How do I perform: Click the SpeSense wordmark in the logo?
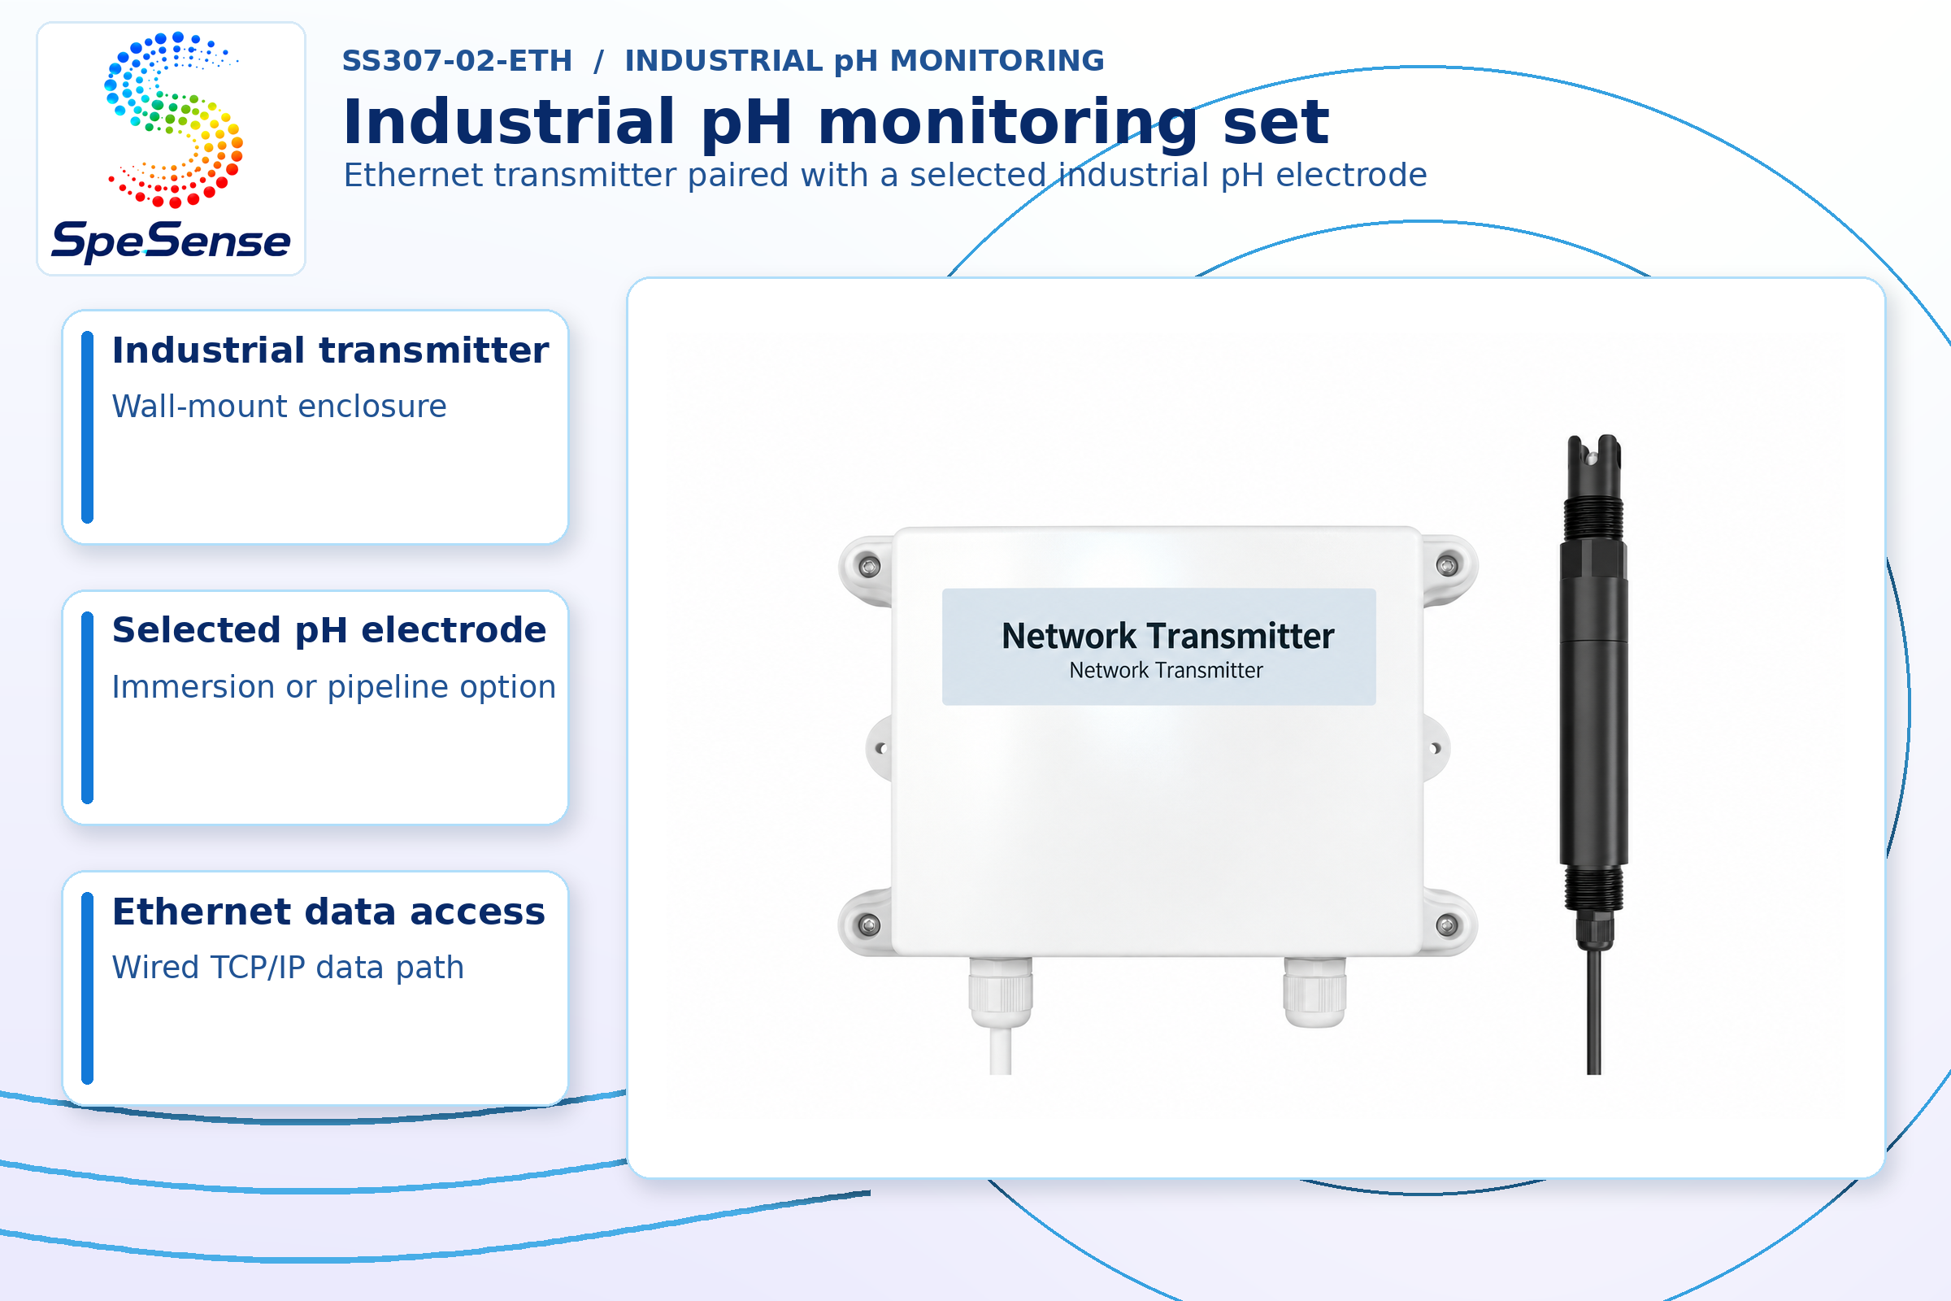[x=171, y=241]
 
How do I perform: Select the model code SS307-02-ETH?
[x=457, y=60]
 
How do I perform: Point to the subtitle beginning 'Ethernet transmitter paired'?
[x=885, y=175]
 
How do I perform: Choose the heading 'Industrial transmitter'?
[x=330, y=350]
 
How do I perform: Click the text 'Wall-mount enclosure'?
[x=280, y=407]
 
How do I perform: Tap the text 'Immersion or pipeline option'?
[x=333, y=687]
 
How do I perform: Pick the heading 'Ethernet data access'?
[x=328, y=911]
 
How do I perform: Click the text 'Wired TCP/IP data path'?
[x=288, y=968]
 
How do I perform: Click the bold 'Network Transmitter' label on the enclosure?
[x=1168, y=637]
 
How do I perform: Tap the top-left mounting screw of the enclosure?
[x=869, y=567]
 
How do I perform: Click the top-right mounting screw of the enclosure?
[x=1447, y=566]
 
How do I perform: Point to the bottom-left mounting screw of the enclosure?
[x=868, y=925]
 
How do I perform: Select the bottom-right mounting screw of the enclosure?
[x=1447, y=925]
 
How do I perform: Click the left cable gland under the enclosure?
[x=1002, y=992]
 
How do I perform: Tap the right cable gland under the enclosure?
[x=1314, y=992]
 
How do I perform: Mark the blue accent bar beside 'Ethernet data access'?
[x=87, y=988]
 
